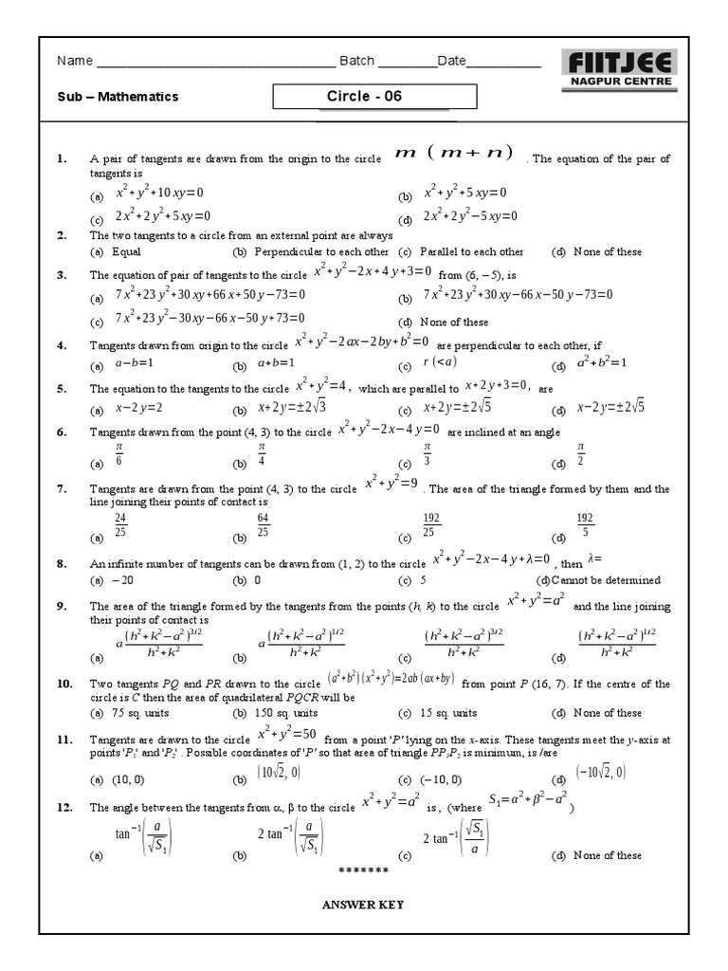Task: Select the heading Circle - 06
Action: click(x=357, y=96)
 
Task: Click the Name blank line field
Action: click(x=215, y=63)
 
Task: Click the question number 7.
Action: click(x=61, y=489)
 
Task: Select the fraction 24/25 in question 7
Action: click(x=120, y=525)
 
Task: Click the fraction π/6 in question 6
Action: click(x=119, y=453)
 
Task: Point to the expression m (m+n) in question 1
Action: click(x=454, y=154)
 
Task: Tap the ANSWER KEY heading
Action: click(x=363, y=905)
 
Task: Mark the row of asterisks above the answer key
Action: click(x=363, y=870)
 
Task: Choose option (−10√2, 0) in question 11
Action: click(x=600, y=773)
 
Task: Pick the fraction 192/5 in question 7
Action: click(x=585, y=525)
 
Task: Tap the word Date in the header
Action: click(x=451, y=62)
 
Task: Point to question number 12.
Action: click(x=64, y=808)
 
